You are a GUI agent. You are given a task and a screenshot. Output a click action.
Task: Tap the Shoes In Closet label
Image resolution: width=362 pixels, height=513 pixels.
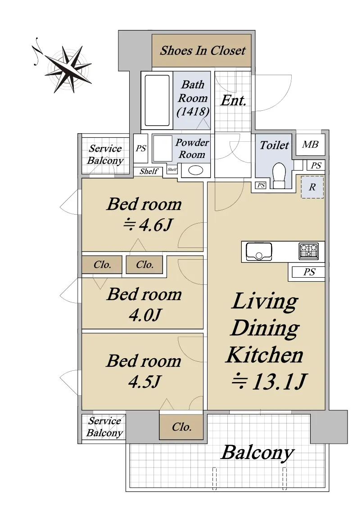[203, 50]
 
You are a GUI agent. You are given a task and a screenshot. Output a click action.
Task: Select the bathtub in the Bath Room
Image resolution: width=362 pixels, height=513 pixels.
[157, 100]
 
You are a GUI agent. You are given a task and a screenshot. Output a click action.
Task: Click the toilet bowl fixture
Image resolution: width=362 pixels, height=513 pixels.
[279, 175]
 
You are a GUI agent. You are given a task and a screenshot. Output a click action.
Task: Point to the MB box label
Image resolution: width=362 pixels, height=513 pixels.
[310, 144]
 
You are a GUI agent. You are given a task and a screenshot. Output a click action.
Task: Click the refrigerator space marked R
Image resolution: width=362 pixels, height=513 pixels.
[312, 187]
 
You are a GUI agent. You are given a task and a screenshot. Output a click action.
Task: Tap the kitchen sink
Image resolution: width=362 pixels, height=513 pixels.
[258, 251]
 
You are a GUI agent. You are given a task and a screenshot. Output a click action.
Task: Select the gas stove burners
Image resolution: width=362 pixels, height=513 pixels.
[308, 251]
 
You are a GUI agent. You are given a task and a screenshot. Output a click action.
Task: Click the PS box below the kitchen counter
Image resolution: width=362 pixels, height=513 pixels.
[308, 272]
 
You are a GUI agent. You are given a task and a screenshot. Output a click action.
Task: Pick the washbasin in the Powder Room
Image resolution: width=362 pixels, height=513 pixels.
[195, 170]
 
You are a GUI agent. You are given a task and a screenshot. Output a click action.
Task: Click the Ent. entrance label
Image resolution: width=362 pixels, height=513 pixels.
[233, 100]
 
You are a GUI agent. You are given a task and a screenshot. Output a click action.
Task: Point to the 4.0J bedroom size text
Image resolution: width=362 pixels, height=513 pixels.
[145, 315]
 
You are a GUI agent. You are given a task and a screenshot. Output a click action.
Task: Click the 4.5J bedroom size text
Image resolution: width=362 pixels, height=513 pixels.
[145, 382]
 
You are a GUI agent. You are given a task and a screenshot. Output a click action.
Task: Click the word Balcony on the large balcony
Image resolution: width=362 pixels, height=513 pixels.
[258, 453]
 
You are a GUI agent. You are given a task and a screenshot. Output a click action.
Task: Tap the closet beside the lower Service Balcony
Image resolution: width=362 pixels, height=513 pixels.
[181, 427]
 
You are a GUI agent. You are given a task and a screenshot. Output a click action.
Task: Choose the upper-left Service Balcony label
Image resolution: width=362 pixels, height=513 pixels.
[105, 154]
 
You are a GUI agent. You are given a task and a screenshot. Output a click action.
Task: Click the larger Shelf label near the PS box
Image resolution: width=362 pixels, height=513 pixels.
[149, 171]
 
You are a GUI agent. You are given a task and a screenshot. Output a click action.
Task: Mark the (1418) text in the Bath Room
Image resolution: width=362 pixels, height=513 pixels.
[193, 112]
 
